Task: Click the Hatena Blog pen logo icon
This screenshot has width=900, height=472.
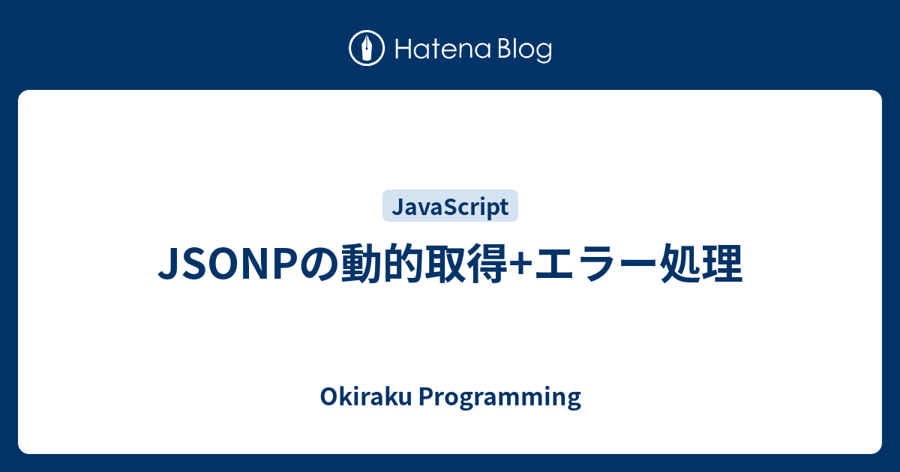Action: (x=367, y=49)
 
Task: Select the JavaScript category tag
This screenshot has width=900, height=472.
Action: (x=450, y=206)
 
